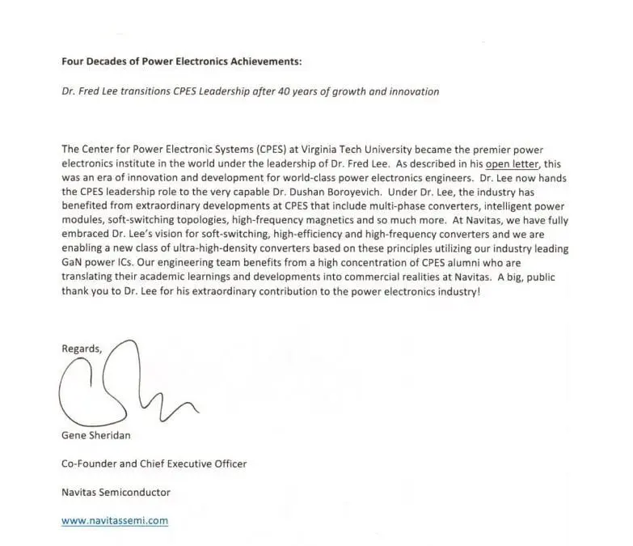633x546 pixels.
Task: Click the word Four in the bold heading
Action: pyautogui.click(x=73, y=61)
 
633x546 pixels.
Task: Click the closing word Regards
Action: pyautogui.click(x=82, y=349)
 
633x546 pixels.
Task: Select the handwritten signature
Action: pyautogui.click(x=121, y=386)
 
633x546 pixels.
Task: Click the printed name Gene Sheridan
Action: pyautogui.click(x=95, y=434)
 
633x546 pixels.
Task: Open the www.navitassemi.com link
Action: pyautogui.click(x=115, y=521)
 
